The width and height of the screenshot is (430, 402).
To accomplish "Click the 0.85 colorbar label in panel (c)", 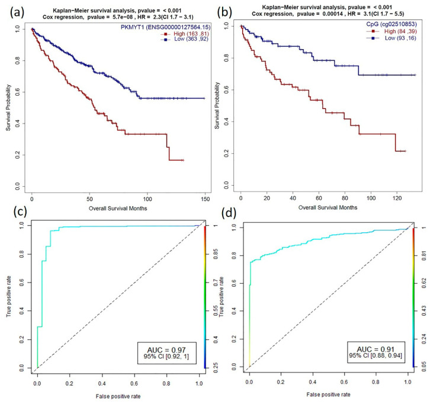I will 211,264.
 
